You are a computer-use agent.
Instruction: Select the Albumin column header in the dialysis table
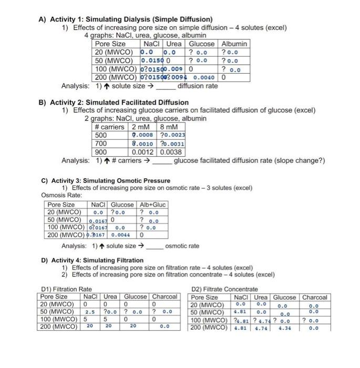pos(234,44)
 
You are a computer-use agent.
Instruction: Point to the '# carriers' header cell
pos(110,127)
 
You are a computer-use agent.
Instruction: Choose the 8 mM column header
pos(168,127)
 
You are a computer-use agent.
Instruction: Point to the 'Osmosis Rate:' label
pos(59,195)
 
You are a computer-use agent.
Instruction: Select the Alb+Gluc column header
pos(152,205)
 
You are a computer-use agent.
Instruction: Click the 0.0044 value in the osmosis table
pos(122,235)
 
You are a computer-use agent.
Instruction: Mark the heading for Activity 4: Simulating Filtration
pos(92,260)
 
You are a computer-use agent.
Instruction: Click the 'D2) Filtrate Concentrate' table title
pos(225,289)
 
